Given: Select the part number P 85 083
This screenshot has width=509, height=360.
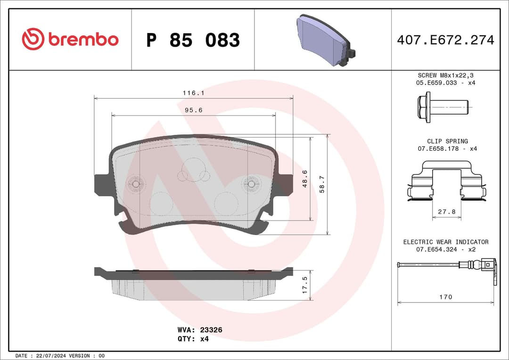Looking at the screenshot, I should click(x=193, y=41).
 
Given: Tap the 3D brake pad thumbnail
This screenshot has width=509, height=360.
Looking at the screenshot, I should click(x=325, y=41).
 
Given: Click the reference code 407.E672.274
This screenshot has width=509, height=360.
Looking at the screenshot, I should click(x=445, y=40).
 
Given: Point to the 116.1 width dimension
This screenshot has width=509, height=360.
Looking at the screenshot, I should click(x=193, y=93).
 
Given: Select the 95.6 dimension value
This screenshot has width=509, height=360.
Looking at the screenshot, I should click(x=193, y=110).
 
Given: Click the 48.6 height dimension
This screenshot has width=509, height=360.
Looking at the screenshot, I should click(x=305, y=179).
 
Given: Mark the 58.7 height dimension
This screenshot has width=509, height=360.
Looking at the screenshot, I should click(x=322, y=184).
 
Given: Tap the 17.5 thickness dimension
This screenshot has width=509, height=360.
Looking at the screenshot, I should click(x=305, y=285).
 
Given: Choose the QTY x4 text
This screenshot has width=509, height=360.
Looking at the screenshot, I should click(x=193, y=339).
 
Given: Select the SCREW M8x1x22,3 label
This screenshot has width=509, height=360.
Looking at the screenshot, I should click(x=445, y=75).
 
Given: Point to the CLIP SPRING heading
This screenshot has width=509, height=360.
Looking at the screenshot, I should click(x=447, y=141).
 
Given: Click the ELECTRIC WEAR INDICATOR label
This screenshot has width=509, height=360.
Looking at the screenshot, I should click(x=445, y=242).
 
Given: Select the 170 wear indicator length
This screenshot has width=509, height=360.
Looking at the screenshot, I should click(x=445, y=297).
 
